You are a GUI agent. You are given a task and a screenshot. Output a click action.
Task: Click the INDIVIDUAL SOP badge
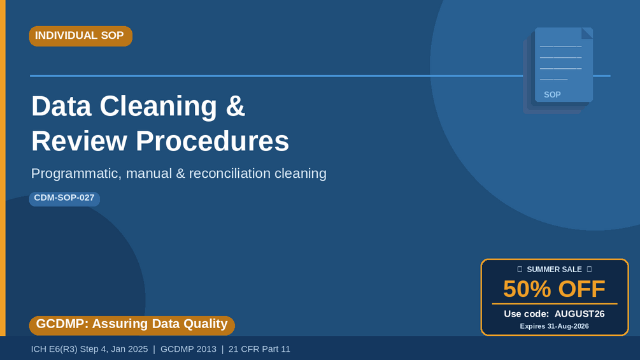click(80, 36)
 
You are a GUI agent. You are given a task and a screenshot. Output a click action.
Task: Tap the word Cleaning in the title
click(158, 106)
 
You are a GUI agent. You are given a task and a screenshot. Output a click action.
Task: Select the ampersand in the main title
click(235, 106)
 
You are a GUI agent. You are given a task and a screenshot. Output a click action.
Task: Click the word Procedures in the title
click(212, 141)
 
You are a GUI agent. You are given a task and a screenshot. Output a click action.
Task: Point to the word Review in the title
click(79, 141)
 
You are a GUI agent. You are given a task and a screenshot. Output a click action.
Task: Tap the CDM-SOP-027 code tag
click(64, 198)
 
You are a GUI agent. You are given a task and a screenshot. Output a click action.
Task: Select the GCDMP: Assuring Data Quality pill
click(132, 325)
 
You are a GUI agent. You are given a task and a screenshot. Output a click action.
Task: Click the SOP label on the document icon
click(552, 95)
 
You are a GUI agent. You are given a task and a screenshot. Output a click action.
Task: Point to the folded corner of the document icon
click(587, 33)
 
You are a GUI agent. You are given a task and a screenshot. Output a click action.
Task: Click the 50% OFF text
click(554, 289)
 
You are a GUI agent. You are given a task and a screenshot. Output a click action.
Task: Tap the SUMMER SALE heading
click(554, 270)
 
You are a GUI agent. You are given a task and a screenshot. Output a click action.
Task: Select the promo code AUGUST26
click(579, 314)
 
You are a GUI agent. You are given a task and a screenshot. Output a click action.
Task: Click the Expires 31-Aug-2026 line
click(554, 326)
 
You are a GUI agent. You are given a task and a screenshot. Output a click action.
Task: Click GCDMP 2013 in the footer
click(188, 349)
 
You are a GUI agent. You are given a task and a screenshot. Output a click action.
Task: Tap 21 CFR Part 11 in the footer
click(259, 349)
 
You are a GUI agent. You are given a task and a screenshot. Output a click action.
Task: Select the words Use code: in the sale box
click(527, 314)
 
